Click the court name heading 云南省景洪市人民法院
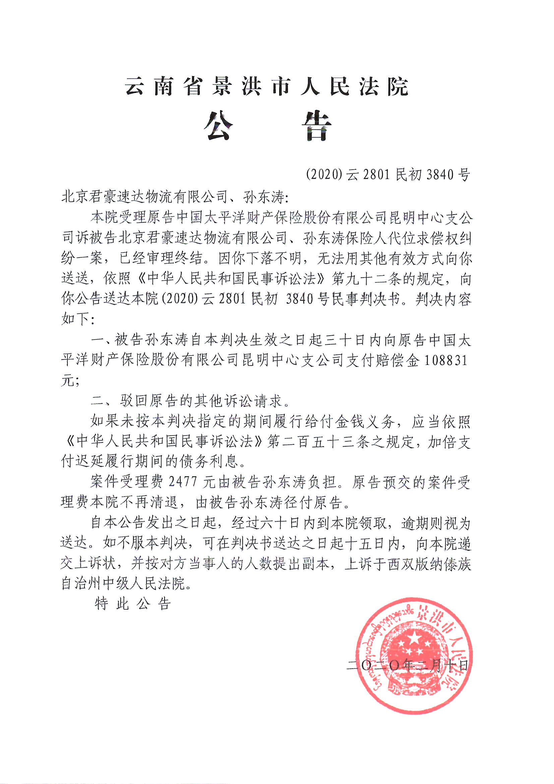[266, 87]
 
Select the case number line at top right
[388, 175]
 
